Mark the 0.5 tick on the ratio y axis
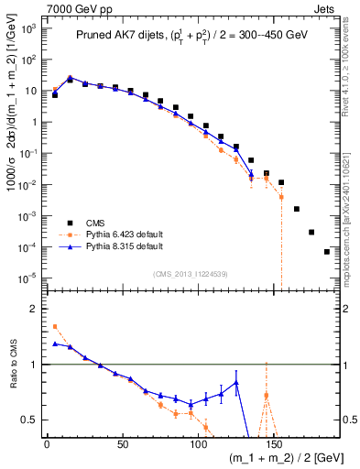tap(29, 420)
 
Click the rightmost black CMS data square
tap(327, 252)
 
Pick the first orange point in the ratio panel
tap(55, 326)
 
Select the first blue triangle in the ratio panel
tap(55, 344)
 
